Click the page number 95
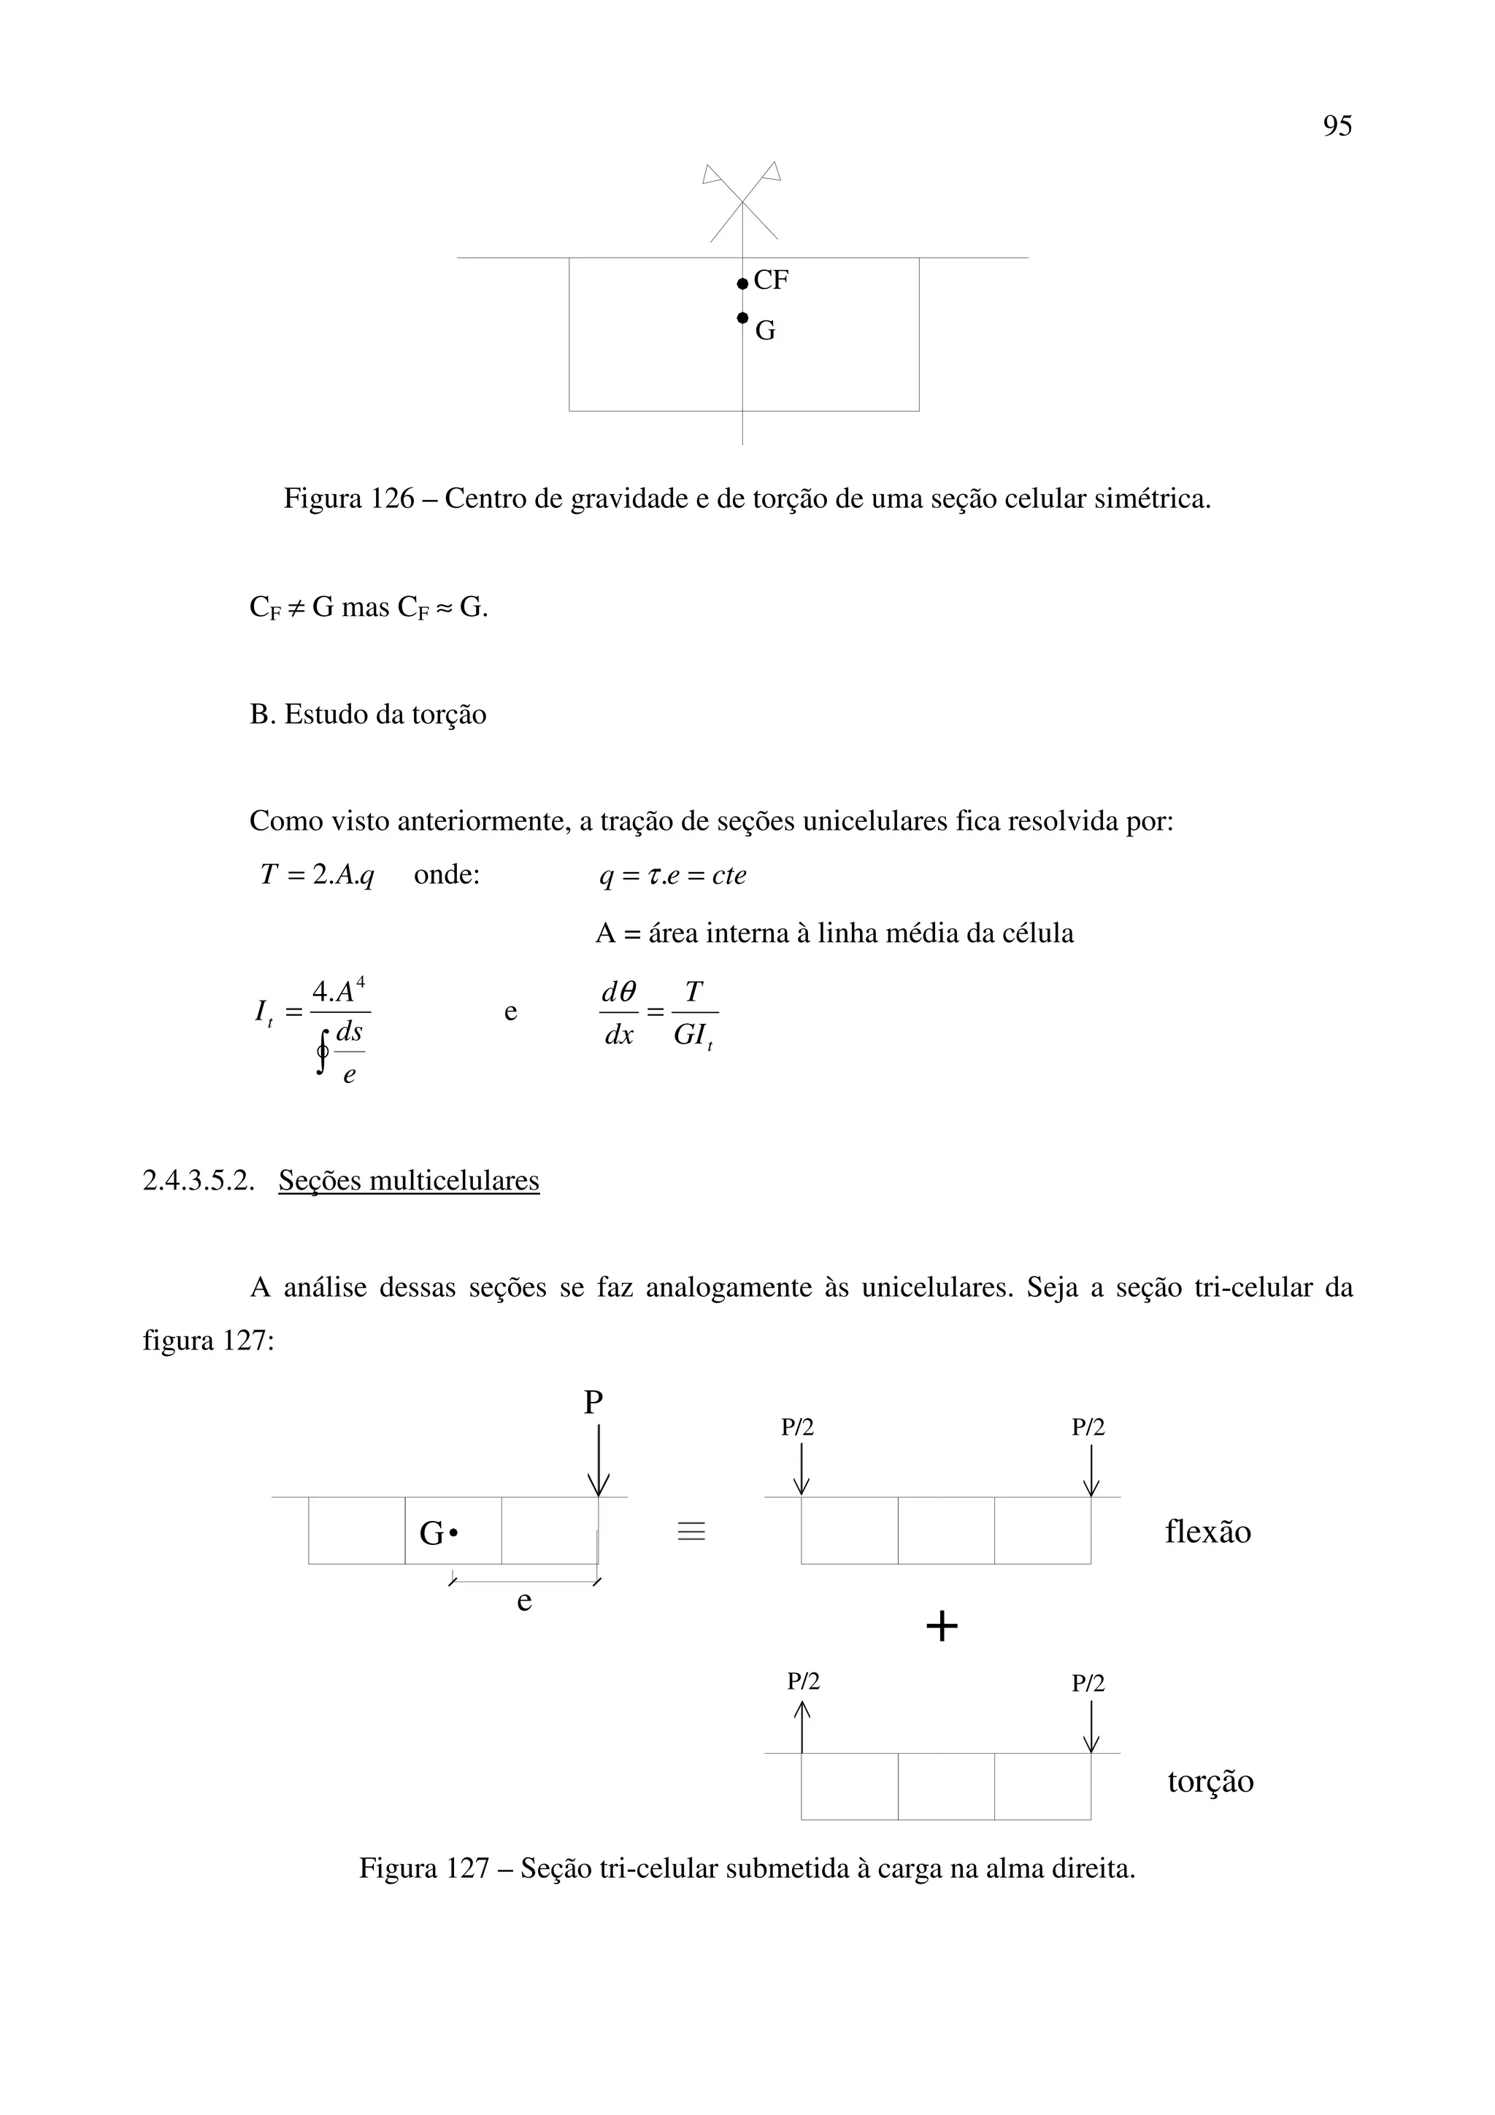[x=1337, y=126]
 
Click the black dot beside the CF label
[x=742, y=284]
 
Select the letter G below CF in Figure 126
[x=764, y=331]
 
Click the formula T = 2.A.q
[x=317, y=875]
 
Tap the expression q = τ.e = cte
[x=672, y=875]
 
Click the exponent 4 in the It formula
[x=361, y=982]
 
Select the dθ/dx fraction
[x=619, y=1013]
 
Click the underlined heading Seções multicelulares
[x=408, y=1181]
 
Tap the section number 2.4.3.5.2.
[x=198, y=1181]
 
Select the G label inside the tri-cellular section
[x=431, y=1534]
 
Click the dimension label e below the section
[x=524, y=1601]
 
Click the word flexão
[x=1207, y=1532]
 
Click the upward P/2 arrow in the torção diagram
[x=802, y=1727]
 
